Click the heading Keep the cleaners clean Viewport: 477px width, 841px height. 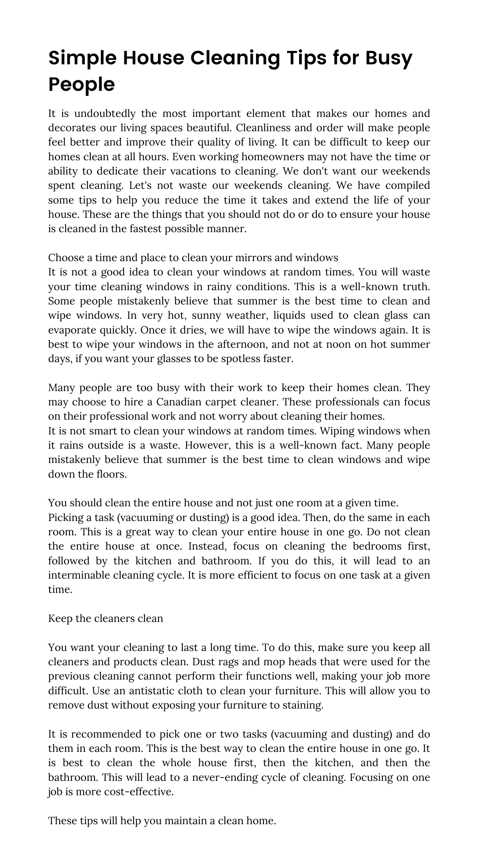tap(105, 619)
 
